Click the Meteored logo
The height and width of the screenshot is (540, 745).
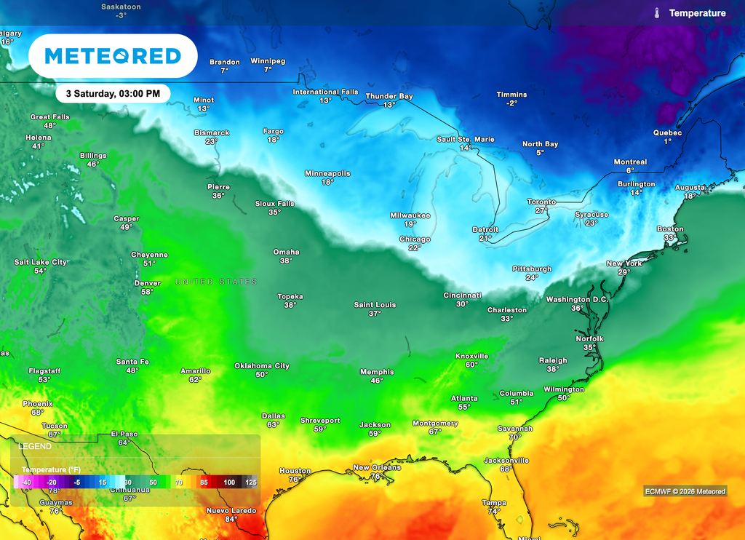click(x=112, y=56)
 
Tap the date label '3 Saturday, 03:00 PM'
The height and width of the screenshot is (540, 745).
click(x=112, y=94)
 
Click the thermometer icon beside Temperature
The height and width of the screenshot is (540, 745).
click(x=656, y=13)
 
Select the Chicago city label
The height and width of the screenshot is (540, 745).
click(x=415, y=239)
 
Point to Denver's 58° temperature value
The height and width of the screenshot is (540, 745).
click(x=147, y=292)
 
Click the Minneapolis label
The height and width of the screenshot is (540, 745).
click(x=327, y=173)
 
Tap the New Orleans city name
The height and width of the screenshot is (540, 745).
click(x=377, y=467)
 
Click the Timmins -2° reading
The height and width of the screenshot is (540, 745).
click(x=511, y=103)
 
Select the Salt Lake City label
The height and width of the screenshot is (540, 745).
click(x=40, y=262)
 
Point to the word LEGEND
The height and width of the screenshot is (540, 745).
click(x=35, y=445)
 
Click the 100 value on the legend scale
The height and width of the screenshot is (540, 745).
click(x=229, y=483)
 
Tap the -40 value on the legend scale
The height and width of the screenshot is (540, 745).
click(x=26, y=483)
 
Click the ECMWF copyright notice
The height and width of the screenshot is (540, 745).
click(x=685, y=491)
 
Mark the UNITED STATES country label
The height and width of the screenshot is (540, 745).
click(x=216, y=282)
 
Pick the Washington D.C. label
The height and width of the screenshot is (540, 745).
click(x=578, y=299)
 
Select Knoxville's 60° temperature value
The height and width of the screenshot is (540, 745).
click(x=471, y=365)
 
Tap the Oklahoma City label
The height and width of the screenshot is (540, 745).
click(x=262, y=365)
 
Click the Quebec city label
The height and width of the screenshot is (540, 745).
click(x=668, y=132)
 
